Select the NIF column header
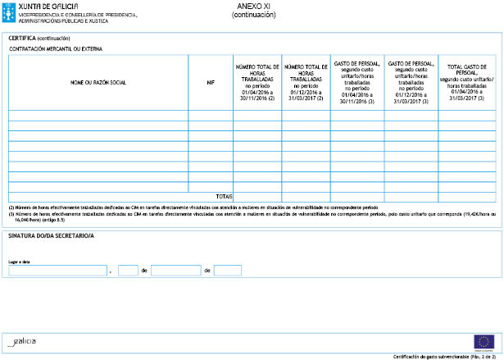pyautogui.click(x=211, y=82)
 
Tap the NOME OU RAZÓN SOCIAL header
pyautogui.click(x=98, y=82)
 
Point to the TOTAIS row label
pyautogui.click(x=224, y=197)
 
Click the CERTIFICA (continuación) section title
pyautogui.click(x=39, y=39)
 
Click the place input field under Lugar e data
pyautogui.click(x=57, y=271)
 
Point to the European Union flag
pyautogui.click(x=484, y=341)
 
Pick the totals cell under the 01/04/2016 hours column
pyautogui.click(x=257, y=197)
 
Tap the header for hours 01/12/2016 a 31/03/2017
pyautogui.click(x=306, y=82)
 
